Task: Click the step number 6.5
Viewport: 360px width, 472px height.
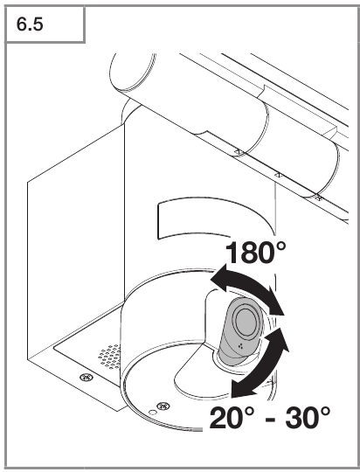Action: click(30, 24)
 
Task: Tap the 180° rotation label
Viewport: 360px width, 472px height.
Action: click(255, 253)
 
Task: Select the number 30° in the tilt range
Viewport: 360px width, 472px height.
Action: click(308, 418)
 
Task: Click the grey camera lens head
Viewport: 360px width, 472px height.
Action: click(241, 331)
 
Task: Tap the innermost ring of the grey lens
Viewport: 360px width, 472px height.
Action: click(246, 321)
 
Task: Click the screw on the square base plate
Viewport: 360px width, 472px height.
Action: click(87, 377)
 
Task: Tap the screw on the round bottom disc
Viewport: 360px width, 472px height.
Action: click(163, 406)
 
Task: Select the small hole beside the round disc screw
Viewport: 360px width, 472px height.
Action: click(153, 413)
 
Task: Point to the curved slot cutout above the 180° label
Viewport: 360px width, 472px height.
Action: click(211, 217)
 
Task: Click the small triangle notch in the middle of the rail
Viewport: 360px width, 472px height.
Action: click(279, 175)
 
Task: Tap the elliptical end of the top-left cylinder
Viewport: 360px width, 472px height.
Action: click(134, 73)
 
